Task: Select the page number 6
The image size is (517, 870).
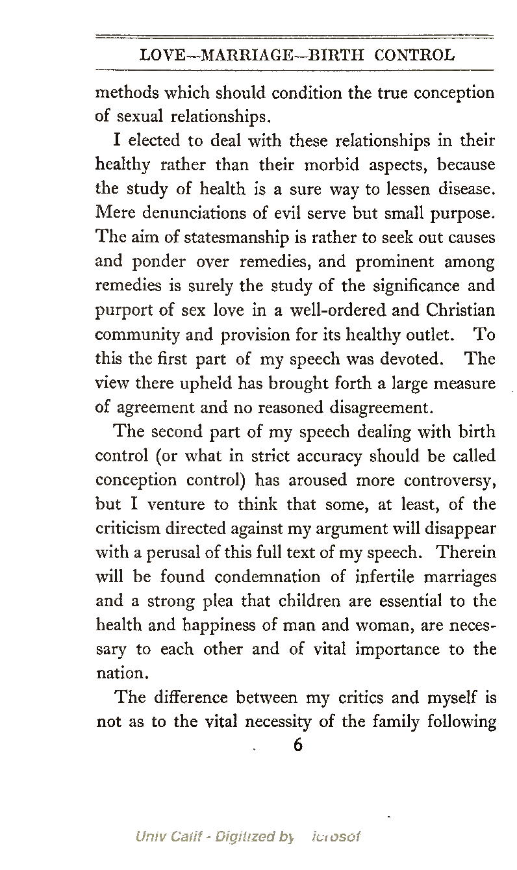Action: [x=298, y=745]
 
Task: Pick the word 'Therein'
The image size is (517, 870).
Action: [x=466, y=554]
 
